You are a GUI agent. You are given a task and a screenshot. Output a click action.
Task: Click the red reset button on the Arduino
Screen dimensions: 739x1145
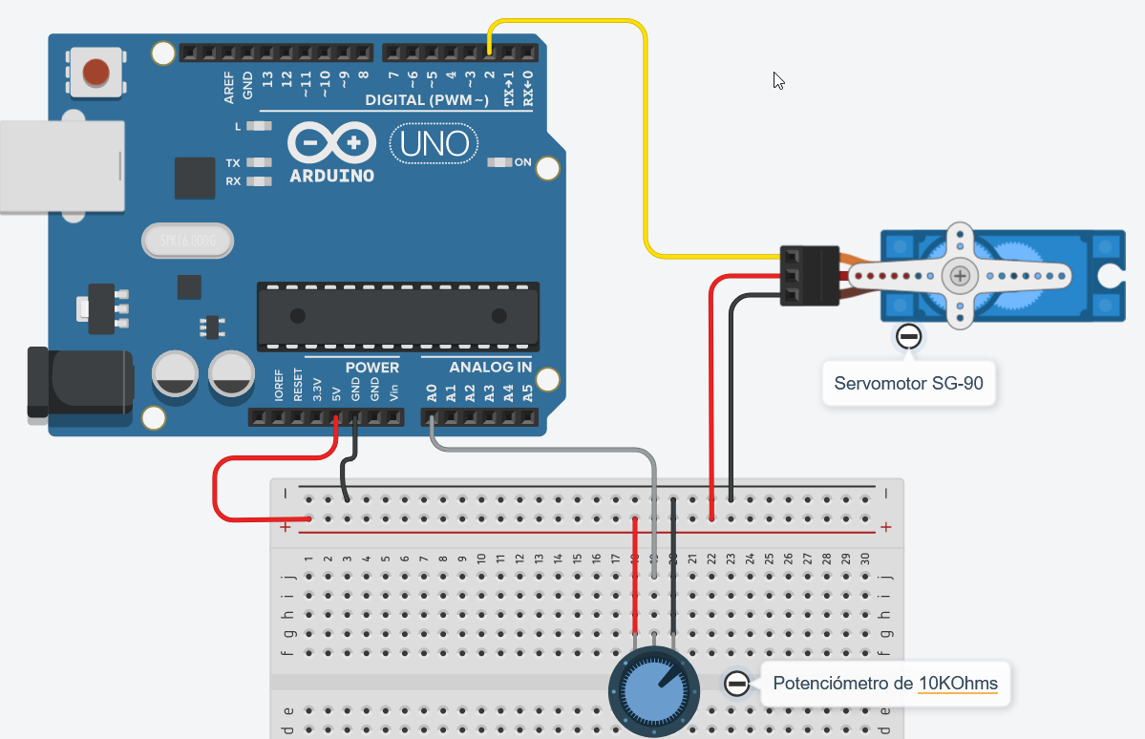coord(95,72)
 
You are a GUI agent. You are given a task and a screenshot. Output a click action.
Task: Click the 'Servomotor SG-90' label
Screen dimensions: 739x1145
coord(909,384)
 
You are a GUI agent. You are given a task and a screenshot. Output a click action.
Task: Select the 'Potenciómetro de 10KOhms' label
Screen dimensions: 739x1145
coord(884,683)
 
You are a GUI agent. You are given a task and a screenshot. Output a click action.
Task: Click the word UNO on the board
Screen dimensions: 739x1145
coord(435,144)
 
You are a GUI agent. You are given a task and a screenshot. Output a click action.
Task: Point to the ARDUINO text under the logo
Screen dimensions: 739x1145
coord(331,176)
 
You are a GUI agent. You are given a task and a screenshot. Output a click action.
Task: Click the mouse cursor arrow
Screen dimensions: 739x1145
coord(778,80)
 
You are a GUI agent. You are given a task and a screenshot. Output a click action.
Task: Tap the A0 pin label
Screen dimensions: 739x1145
coord(432,391)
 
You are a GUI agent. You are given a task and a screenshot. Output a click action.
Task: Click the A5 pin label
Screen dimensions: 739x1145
coord(528,391)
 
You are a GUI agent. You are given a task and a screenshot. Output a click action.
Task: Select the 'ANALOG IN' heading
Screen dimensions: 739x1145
coord(477,367)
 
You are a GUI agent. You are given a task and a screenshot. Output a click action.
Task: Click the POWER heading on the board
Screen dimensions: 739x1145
coord(371,367)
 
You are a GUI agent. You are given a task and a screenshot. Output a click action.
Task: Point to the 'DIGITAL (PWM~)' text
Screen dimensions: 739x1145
coord(427,100)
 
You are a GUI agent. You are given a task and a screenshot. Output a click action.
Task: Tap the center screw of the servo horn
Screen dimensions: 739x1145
coord(959,276)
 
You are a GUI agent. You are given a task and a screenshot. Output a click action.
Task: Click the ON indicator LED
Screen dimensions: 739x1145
coord(498,162)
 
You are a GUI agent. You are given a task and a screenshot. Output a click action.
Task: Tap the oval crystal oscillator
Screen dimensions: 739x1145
coord(187,242)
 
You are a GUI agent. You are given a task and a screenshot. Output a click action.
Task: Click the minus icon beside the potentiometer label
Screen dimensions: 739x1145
coord(736,683)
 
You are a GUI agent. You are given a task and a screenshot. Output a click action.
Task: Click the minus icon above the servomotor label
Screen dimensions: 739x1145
coord(909,336)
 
